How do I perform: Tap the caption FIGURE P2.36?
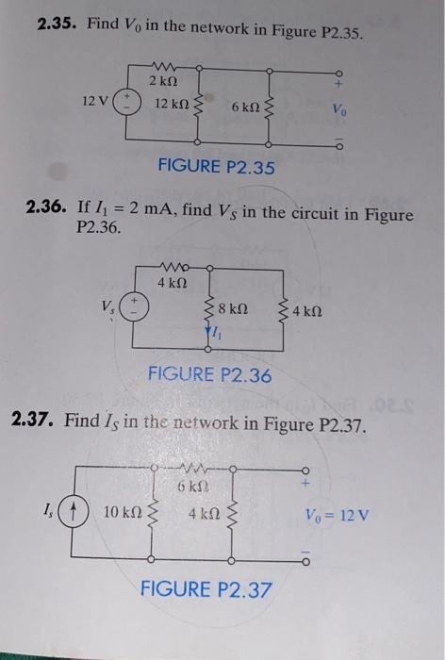pos(209,376)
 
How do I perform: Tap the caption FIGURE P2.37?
pos(206,589)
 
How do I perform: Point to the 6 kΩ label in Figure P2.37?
pos(193,487)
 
